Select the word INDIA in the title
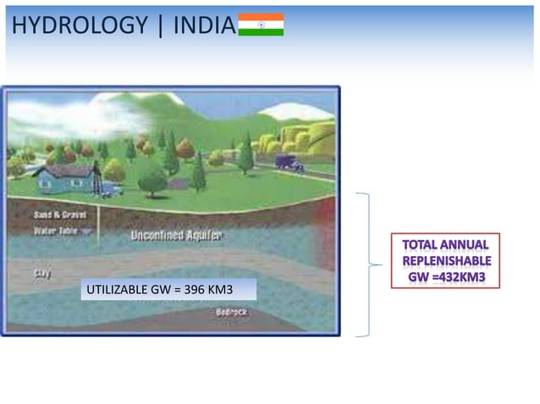[203, 25]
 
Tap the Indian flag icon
[261, 25]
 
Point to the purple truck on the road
[289, 163]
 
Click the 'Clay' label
[41, 273]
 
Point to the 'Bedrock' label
[231, 313]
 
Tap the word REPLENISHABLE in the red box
[446, 260]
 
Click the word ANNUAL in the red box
[463, 245]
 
